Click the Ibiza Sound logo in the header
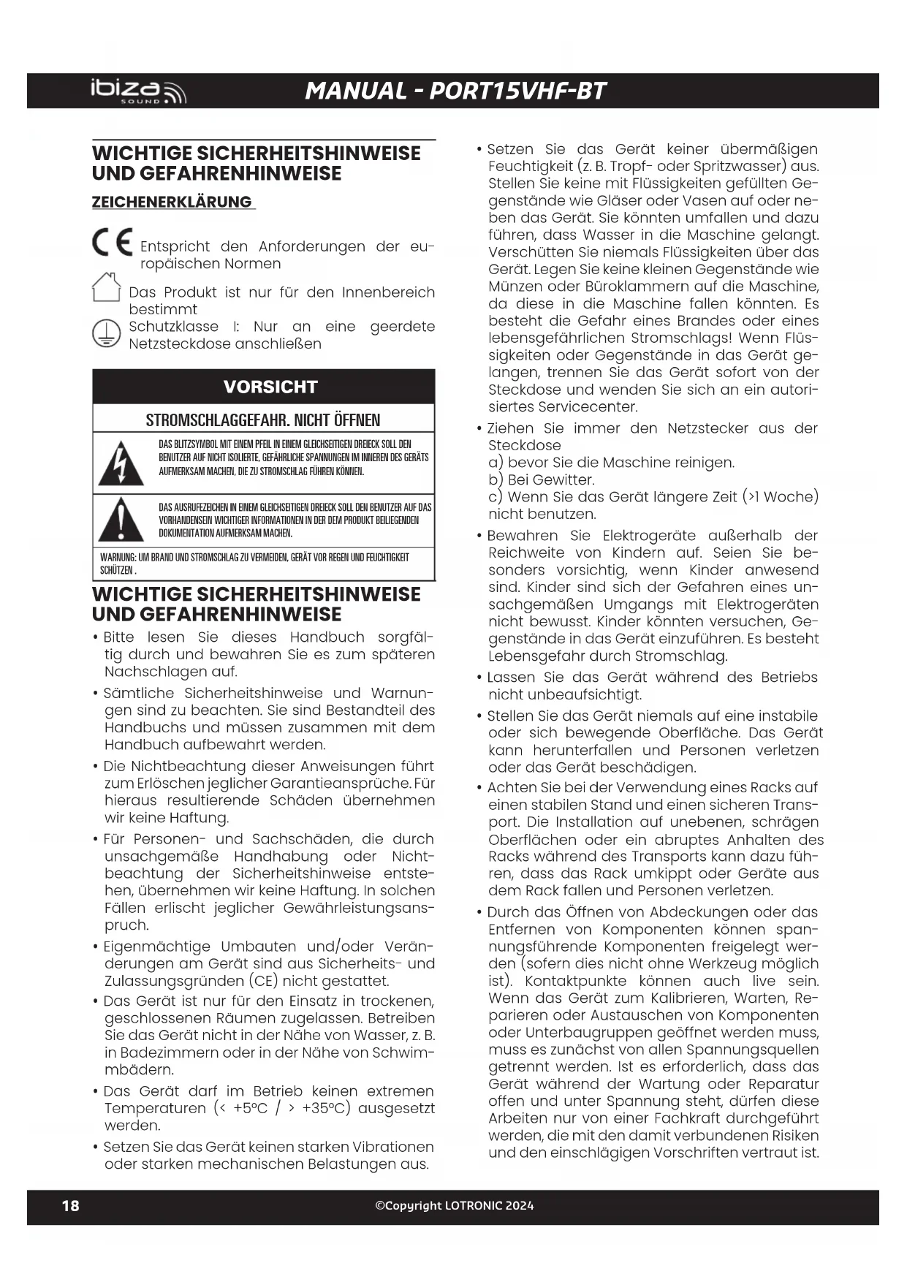click(x=138, y=91)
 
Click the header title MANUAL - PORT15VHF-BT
click(x=455, y=91)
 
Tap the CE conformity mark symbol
click(x=112, y=243)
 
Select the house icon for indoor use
click(x=107, y=287)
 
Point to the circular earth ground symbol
click(x=106, y=334)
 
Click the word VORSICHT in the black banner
click(x=270, y=387)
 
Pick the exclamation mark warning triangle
click(x=121, y=520)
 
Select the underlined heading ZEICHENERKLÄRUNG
click(x=172, y=202)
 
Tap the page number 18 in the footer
click(x=70, y=1205)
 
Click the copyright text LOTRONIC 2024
click(x=455, y=1205)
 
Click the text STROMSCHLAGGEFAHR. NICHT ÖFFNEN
click(x=263, y=420)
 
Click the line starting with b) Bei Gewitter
click(x=542, y=479)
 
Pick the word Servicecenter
click(x=563, y=407)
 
